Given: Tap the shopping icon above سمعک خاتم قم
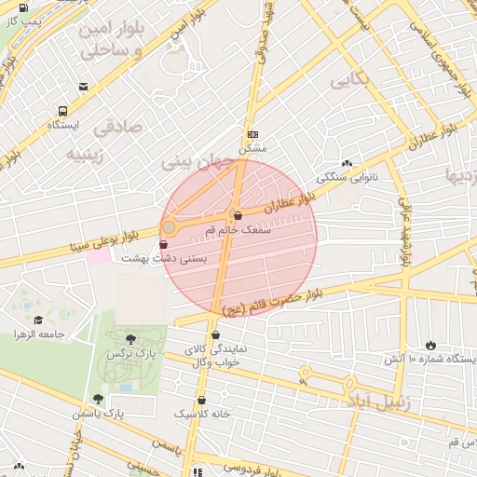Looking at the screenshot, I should [238, 215].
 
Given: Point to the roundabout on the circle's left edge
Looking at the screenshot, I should [169, 226].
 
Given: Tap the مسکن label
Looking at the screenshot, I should [252, 148].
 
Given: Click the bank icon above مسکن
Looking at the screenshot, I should [252, 134].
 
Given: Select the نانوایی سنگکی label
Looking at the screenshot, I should [348, 175].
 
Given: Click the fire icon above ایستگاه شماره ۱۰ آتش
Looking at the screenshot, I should [429, 345].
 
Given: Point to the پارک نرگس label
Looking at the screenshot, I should [132, 355].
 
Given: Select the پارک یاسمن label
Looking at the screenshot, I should [102, 412].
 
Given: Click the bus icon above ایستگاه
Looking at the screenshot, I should [62, 109].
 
